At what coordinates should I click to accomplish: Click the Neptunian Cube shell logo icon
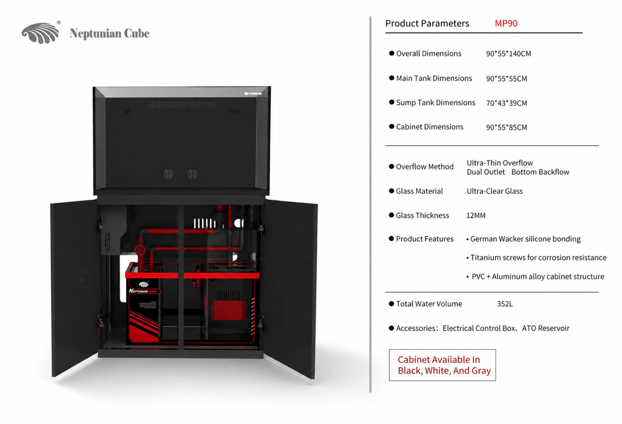[x=41, y=33]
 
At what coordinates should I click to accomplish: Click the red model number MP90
[x=506, y=24]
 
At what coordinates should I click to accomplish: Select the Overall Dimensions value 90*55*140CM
[x=508, y=53]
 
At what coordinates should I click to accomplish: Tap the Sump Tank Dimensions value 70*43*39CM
[x=507, y=103]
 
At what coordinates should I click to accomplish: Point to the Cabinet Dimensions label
[x=429, y=127]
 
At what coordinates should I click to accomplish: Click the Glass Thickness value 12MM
[x=476, y=216]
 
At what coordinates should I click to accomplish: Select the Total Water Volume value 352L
[x=505, y=304]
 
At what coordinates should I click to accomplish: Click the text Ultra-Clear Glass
[x=494, y=191]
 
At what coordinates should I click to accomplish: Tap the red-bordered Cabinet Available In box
[x=442, y=365]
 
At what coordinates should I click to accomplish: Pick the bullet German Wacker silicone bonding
[x=523, y=239]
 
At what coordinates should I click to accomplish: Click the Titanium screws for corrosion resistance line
[x=536, y=258]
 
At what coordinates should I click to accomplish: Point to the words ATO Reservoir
[x=545, y=329]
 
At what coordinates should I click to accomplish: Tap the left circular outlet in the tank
[x=168, y=174]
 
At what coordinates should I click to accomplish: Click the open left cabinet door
[x=75, y=288]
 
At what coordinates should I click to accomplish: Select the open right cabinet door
[x=290, y=289]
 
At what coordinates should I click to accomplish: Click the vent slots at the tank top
[x=180, y=104]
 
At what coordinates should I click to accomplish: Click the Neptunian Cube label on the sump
[x=143, y=291]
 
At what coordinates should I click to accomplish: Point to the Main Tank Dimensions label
[x=434, y=78]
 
